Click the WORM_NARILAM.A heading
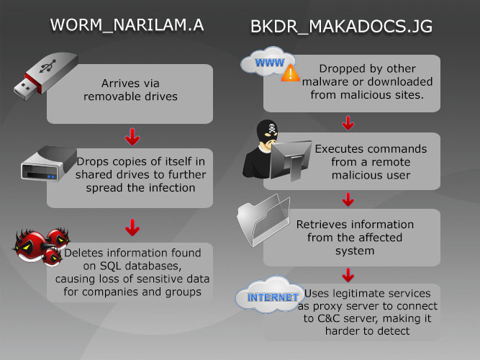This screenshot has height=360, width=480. pyautogui.click(x=127, y=25)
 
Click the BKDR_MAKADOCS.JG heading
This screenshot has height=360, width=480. pyautogui.click(x=341, y=27)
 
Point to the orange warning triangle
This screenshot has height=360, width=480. pyautogui.click(x=291, y=73)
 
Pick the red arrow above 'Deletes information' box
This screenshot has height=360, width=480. pyautogui.click(x=132, y=229)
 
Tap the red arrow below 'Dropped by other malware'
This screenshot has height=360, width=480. pyautogui.click(x=348, y=122)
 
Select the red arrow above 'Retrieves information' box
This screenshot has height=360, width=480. pyautogui.click(x=348, y=198)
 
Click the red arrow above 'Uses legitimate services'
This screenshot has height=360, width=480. pyautogui.click(x=348, y=274)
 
